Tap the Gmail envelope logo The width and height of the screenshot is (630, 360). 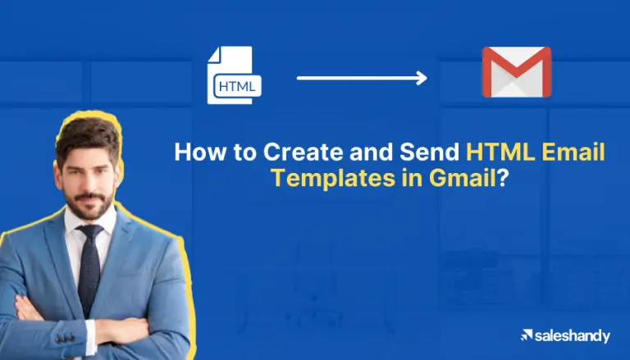pos(516,72)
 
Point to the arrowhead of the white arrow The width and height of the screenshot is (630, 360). pos(422,78)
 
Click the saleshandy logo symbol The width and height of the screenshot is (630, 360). pos(527,335)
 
